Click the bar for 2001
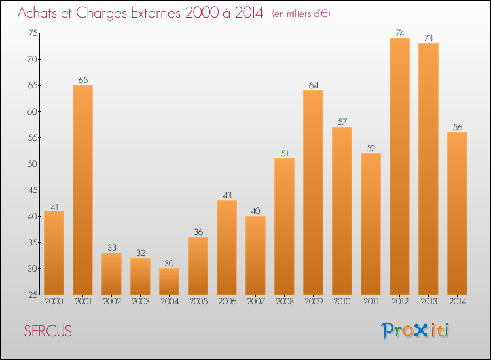pyautogui.click(x=82, y=190)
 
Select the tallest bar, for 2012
pyautogui.click(x=399, y=166)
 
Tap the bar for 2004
pyautogui.click(x=169, y=281)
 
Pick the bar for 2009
pyautogui.click(x=313, y=192)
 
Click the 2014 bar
pyautogui.click(x=457, y=213)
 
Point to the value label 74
pyautogui.click(x=399, y=32)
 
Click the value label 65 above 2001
pyautogui.click(x=82, y=79)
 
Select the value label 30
pyautogui.click(x=169, y=262)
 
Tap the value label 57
pyautogui.click(x=342, y=121)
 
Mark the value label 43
pyautogui.click(x=227, y=194)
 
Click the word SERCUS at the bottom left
pyautogui.click(x=48, y=331)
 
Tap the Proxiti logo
pyautogui.click(x=416, y=331)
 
